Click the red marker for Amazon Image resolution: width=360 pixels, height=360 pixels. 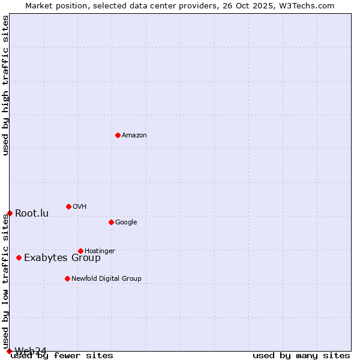118,135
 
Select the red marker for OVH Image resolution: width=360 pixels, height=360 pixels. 68,206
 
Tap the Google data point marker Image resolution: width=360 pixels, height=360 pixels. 111,222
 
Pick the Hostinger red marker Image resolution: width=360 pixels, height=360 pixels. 80,251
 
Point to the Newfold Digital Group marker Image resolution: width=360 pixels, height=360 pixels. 67,278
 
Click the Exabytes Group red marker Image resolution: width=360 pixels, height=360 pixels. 19,257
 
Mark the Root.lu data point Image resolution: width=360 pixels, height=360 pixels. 10,213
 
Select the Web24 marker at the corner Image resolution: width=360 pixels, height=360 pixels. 9,351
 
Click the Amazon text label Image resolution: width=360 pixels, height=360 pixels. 134,136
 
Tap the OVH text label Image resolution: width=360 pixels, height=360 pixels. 80,207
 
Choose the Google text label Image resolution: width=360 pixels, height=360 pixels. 126,223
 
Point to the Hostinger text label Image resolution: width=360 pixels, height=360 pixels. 100,251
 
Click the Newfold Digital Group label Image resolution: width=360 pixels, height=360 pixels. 106,279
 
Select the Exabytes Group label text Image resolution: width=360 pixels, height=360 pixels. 62,258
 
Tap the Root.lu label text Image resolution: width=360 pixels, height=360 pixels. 32,214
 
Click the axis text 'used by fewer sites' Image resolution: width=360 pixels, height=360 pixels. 62,356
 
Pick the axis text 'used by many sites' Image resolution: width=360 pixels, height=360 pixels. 301,356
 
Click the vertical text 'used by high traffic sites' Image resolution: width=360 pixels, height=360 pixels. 5,85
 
